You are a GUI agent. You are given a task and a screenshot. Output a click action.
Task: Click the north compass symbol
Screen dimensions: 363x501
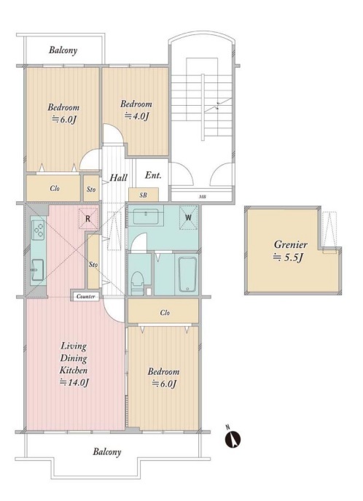click(x=233, y=439)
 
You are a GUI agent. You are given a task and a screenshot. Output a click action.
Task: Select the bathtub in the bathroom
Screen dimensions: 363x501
click(x=187, y=273)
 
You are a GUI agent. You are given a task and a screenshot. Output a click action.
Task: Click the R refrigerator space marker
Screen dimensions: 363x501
click(x=88, y=220)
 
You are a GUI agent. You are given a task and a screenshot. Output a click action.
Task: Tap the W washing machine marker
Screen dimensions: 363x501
click(x=188, y=217)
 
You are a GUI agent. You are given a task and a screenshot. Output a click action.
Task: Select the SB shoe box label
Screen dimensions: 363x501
click(x=144, y=195)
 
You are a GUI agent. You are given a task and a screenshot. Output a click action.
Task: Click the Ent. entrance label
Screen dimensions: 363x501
click(x=153, y=175)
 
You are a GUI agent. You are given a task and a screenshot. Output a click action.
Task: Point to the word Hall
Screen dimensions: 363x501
click(x=118, y=177)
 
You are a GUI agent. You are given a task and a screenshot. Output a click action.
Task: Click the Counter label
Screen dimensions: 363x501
click(x=85, y=297)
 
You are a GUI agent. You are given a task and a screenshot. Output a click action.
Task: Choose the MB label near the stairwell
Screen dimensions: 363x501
click(x=203, y=197)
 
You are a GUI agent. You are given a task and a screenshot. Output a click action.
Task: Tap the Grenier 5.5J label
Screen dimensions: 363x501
click(x=291, y=251)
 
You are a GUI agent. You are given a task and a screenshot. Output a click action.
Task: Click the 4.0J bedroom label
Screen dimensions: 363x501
click(x=137, y=115)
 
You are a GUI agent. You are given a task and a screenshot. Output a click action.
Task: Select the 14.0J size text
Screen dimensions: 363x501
click(x=74, y=382)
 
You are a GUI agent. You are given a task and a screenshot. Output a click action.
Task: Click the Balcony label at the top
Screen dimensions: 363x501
click(x=63, y=50)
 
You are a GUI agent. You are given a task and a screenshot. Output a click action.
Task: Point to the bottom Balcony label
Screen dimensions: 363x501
click(x=107, y=452)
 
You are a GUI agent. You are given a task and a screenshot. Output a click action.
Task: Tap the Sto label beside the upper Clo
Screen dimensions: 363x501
click(x=91, y=189)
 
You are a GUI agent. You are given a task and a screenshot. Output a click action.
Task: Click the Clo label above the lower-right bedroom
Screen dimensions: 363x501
click(x=165, y=312)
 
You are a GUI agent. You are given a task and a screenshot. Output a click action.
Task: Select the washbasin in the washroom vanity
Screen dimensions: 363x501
click(x=146, y=217)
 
